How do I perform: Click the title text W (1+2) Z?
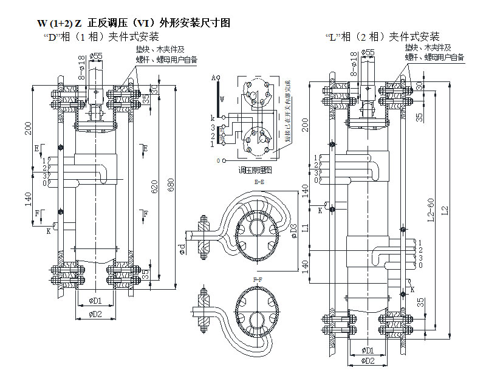click(59, 23)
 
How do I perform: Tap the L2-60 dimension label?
click(431, 209)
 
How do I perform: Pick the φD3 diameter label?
click(294, 230)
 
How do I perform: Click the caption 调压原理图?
click(255, 171)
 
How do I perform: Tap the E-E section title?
click(259, 182)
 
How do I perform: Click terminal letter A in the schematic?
click(214, 78)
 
